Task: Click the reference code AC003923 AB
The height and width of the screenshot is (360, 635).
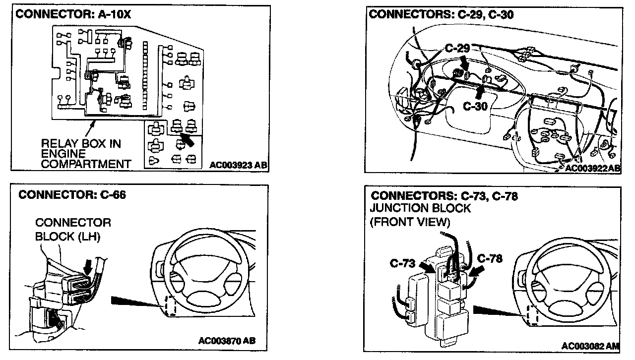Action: pos(238,165)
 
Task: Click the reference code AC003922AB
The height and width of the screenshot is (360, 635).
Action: pos(592,168)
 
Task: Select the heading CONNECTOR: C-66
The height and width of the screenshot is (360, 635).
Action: pos(72,195)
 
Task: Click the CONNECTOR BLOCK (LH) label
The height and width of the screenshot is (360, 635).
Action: pos(73,230)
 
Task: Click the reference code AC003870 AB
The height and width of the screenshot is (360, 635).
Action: pos(227,341)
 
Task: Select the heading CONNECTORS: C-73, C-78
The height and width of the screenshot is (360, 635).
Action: pos(444,196)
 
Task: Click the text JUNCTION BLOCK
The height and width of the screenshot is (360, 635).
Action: pos(420,209)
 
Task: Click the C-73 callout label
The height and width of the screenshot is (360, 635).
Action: pos(402,263)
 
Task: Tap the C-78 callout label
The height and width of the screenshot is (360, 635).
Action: pos(490,258)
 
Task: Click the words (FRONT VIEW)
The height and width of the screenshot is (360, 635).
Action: pos(410,222)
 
